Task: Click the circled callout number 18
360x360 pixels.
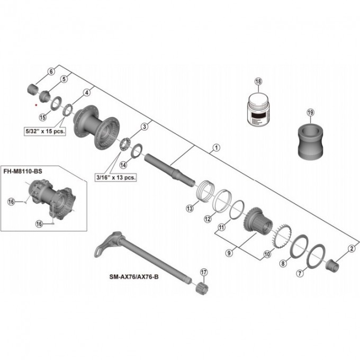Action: [258, 82]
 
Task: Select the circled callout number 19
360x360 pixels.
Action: [310, 112]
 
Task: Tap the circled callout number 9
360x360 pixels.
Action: [229, 253]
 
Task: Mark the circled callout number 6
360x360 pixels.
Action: [51, 71]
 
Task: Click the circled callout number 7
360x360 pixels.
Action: [300, 273]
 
